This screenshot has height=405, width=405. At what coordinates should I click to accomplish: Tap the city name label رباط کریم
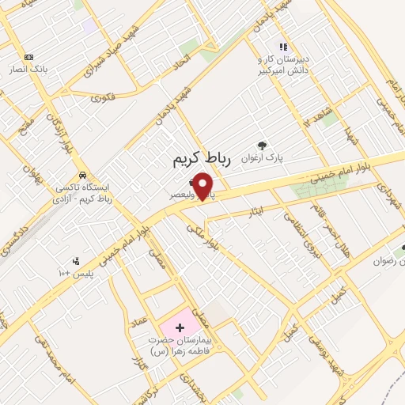(x=202, y=160)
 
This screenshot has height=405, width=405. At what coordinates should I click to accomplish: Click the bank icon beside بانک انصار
(x=29, y=57)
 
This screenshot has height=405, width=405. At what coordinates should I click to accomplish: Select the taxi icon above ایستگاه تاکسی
(x=82, y=175)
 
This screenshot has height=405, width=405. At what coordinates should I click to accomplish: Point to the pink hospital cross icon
(x=179, y=326)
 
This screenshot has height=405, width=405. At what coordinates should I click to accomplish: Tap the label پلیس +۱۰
(x=76, y=274)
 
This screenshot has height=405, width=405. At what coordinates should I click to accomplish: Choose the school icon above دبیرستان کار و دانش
(x=283, y=46)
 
